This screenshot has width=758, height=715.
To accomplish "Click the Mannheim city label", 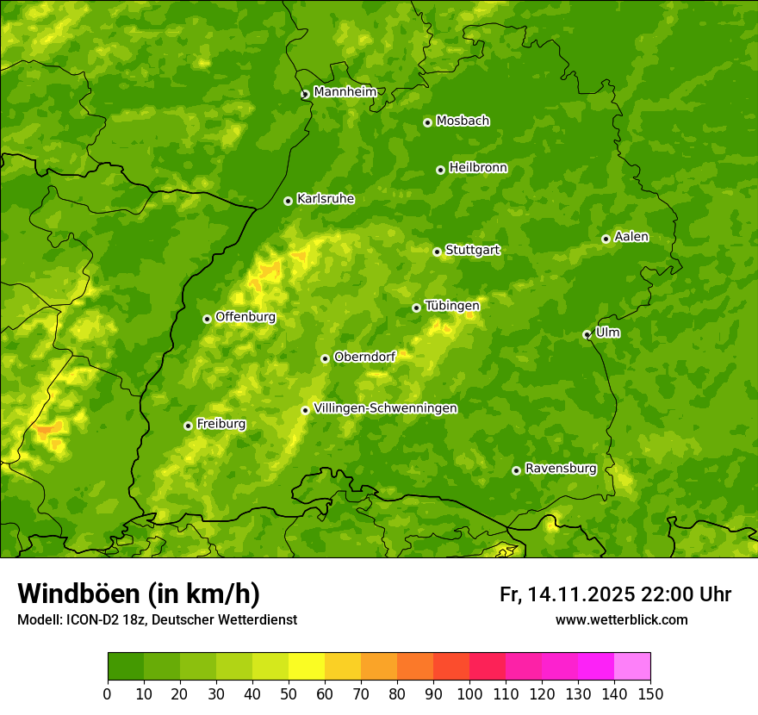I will click(345, 92).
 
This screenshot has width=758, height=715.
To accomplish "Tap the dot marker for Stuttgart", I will click(437, 252).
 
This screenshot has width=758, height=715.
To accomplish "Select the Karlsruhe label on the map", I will click(325, 199).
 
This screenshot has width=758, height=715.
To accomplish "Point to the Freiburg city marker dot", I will click(188, 426).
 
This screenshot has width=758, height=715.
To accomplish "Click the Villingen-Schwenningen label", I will click(385, 408).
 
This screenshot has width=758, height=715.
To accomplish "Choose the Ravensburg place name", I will click(560, 469).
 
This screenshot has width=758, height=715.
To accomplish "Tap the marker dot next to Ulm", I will click(587, 334).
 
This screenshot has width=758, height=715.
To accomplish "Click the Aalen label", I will click(631, 237).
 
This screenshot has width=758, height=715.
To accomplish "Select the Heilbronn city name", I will click(478, 168).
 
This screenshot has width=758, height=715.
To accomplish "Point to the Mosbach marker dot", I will click(427, 122).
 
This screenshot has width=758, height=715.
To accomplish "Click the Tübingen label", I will click(451, 306).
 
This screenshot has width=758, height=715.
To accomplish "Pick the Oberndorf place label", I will click(364, 357).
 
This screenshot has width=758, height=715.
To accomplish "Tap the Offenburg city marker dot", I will click(207, 319).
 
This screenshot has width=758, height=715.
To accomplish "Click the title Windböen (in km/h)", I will click(138, 594).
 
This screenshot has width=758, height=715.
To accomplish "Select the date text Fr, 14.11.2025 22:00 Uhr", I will click(615, 594).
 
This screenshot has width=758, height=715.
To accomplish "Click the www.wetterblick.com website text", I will click(621, 619).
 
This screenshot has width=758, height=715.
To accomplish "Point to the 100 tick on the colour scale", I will click(469, 693).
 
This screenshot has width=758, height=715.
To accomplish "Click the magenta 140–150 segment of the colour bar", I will click(632, 666).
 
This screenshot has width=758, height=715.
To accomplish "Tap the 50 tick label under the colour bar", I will click(289, 693).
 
